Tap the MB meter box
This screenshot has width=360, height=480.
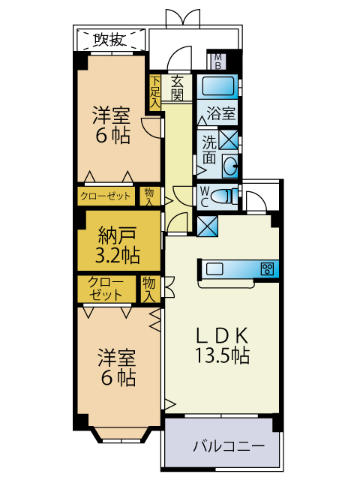[218, 61]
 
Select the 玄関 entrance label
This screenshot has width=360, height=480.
[178, 88]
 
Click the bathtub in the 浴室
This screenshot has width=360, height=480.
[218, 86]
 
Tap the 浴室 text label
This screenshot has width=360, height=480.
[222, 115]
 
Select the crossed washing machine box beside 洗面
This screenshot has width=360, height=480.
[228, 139]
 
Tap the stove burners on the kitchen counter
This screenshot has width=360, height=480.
[268, 268]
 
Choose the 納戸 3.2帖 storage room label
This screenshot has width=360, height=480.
[118, 244]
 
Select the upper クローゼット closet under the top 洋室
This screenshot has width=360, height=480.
[106, 196]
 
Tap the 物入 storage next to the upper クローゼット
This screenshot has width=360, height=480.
[150, 196]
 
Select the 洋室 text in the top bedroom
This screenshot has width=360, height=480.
[111, 115]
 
